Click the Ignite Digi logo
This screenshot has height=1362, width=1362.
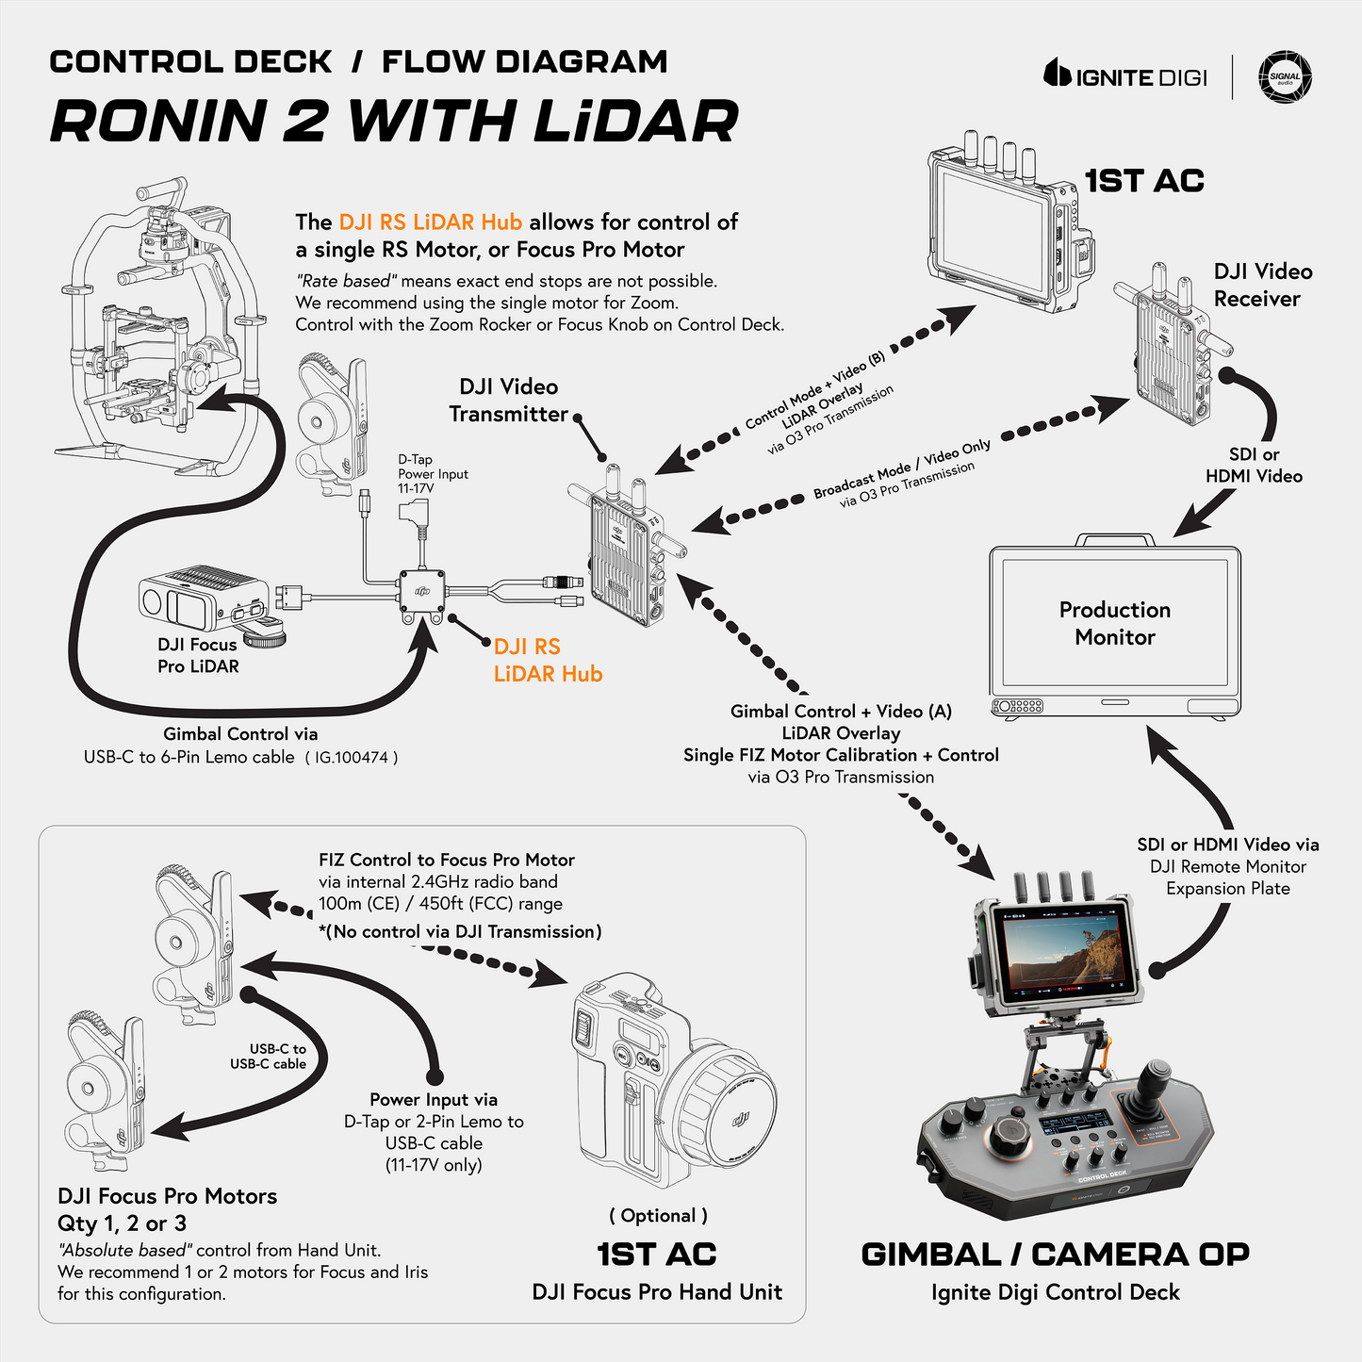coord(1125,76)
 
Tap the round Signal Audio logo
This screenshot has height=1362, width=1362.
coord(1286,76)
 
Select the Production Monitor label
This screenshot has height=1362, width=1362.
coord(1115,623)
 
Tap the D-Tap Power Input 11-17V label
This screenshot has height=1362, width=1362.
coord(433,474)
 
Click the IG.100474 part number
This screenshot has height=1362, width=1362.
coord(351,757)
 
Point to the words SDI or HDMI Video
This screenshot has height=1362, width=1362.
coord(1254,466)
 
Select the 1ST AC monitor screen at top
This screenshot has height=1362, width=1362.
coord(993,230)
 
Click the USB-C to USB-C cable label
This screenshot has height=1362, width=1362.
coord(269,1056)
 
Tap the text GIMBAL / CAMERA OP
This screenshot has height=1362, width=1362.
coord(1055,1255)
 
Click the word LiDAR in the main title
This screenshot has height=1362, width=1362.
coord(636,122)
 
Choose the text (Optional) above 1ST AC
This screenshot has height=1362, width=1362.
coord(658,1216)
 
